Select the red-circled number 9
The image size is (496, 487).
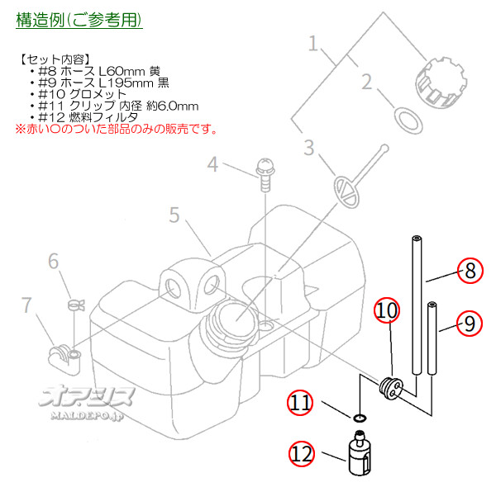click(470, 323)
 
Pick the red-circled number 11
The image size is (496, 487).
click(301, 404)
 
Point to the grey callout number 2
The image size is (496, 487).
click(367, 82)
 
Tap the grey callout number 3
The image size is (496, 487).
click(309, 149)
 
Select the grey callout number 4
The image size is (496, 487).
click(212, 165)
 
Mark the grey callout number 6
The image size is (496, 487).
click(54, 262)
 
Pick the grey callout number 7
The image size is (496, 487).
click(27, 305)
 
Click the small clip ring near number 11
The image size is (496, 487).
click(357, 419)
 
